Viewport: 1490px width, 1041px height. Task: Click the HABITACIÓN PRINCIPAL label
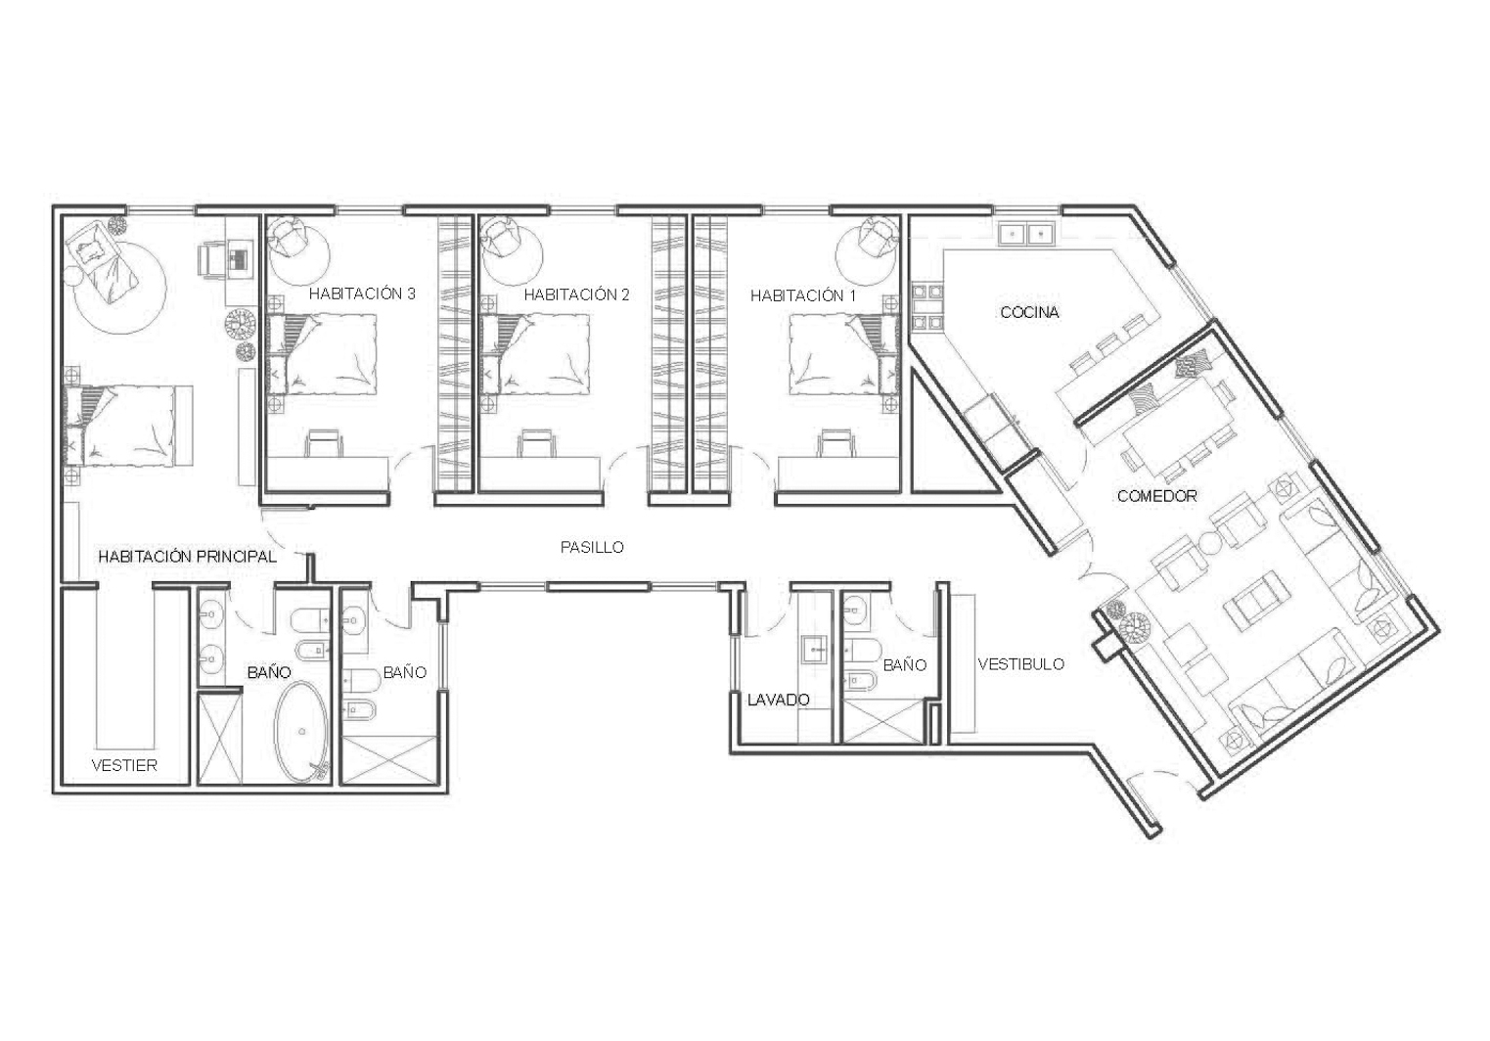click(x=187, y=557)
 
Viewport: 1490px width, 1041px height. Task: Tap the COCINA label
click(x=1029, y=313)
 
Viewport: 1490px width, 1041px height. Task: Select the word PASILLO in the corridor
click(x=592, y=548)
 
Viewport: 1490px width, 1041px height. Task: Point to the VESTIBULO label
click(x=1020, y=664)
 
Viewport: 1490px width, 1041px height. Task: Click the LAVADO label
click(x=778, y=700)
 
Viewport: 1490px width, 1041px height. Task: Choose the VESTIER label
click(x=124, y=766)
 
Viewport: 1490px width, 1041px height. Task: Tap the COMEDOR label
click(x=1156, y=496)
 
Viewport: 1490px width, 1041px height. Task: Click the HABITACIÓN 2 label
click(x=576, y=294)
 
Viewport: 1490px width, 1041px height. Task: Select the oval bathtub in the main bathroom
click(x=301, y=731)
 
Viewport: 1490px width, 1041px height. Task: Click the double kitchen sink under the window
click(x=1027, y=234)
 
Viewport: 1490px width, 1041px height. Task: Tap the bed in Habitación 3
click(x=321, y=355)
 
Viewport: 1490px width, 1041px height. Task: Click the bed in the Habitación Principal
click(x=126, y=426)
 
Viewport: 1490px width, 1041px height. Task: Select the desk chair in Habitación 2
click(x=537, y=443)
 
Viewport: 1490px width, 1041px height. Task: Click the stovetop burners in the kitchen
click(x=926, y=307)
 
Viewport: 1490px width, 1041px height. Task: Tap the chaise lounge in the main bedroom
click(x=102, y=260)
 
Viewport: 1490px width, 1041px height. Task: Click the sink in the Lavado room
click(x=816, y=650)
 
